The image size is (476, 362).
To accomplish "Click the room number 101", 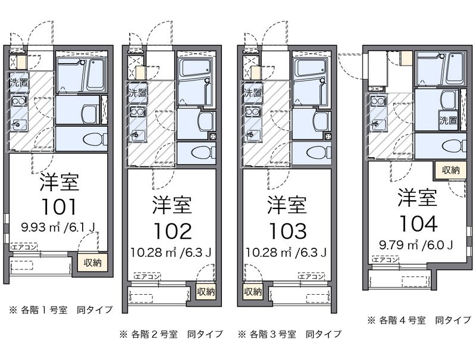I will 59,206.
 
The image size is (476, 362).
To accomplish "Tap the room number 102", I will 171,230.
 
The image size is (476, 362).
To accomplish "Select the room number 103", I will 286,230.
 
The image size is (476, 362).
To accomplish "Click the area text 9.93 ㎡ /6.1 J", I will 58,227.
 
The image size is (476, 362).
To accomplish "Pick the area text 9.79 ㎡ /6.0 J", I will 416,244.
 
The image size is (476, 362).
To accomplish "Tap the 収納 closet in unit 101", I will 92,262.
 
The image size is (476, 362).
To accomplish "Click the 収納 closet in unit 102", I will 205,292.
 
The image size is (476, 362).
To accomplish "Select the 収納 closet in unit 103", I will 252,292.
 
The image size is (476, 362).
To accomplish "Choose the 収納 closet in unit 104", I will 451,170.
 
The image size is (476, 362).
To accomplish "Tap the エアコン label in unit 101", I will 24,246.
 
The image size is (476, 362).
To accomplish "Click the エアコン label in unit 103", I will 311,277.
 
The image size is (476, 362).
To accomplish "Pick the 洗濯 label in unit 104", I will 448,120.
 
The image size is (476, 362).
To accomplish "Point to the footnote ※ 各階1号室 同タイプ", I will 55,310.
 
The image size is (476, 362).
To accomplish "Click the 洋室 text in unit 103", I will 286,204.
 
